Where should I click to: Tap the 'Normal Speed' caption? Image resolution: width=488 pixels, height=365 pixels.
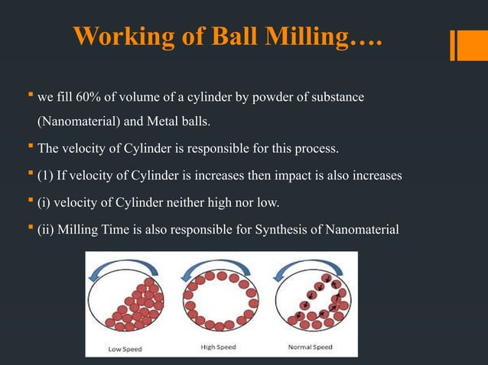tap(311, 347)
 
